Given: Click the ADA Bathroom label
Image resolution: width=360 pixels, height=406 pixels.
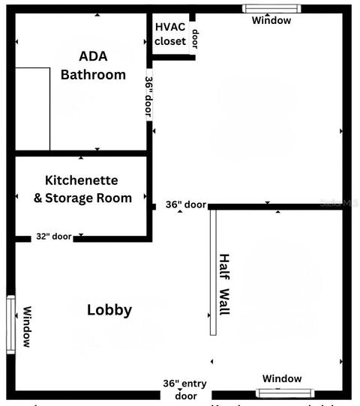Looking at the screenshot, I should click(93, 66).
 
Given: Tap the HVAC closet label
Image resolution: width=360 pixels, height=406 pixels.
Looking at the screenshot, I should click(170, 34).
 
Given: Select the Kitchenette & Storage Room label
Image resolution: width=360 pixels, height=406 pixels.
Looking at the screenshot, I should click(82, 190).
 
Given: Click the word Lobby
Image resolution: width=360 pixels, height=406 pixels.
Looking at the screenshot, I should click(109, 310).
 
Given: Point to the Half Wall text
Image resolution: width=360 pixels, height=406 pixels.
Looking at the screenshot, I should click(224, 285).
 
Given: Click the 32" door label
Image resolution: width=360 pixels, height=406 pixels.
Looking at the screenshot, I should click(53, 237).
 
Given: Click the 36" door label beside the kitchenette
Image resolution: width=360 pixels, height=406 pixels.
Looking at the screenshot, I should click(185, 204).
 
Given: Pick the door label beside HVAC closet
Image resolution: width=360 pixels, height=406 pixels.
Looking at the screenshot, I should click(195, 37).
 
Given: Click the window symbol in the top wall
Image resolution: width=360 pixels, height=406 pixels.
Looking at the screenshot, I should click(271, 9).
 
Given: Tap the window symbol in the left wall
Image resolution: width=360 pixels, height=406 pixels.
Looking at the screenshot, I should click(10, 324).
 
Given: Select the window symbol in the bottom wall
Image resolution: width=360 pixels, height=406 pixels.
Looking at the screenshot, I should click(285, 393).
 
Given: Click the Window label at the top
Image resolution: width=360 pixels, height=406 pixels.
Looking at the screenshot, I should click(271, 21).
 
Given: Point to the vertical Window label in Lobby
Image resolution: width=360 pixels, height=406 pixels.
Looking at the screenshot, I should click(26, 327).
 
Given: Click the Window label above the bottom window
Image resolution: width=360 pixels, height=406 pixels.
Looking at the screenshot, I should click(282, 379).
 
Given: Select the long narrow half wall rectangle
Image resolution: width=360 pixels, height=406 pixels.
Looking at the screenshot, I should click(213, 272).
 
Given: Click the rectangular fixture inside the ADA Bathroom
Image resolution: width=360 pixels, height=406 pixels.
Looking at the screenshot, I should click(32, 109).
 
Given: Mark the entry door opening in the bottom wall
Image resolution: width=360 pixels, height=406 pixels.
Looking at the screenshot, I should click(175, 395).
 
